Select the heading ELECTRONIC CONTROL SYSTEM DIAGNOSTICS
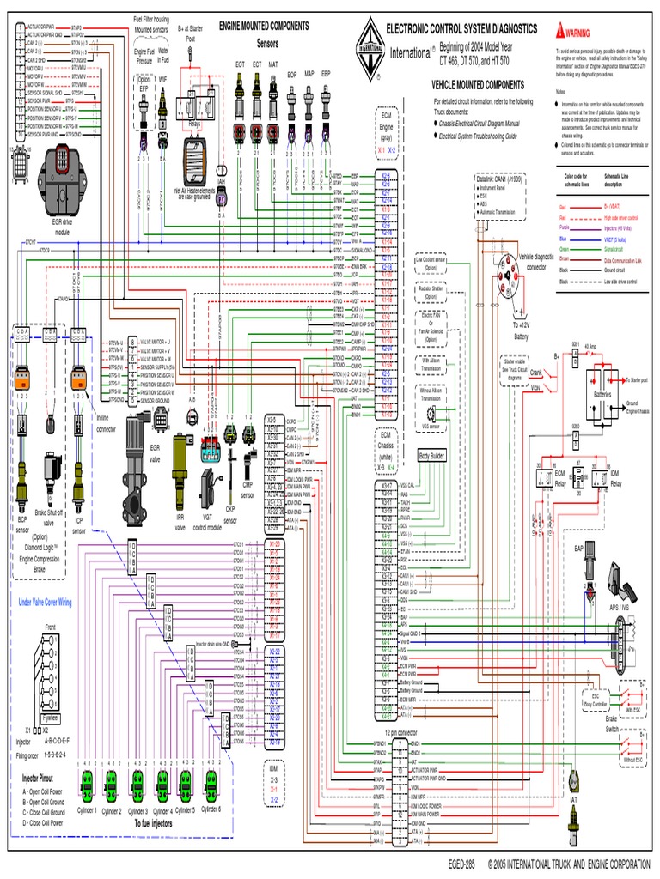click(461, 29)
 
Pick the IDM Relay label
click(615, 479)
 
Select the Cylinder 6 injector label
click(210, 810)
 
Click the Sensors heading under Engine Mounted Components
click(268, 42)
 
